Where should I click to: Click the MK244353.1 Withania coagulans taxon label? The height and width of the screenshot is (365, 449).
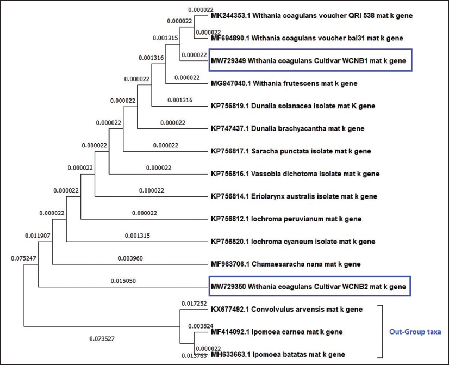pyautogui.click(x=311, y=16)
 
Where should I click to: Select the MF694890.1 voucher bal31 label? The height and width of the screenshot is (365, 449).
pyautogui.click(x=307, y=38)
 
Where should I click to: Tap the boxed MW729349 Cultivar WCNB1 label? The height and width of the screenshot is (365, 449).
pyautogui.click(x=308, y=61)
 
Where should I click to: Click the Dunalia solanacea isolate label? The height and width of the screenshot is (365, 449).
pyautogui.click(x=300, y=106)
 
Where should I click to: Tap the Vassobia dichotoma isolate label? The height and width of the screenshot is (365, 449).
pyautogui.click(x=295, y=174)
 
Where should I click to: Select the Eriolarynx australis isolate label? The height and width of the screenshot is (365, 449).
pyautogui.click(x=294, y=196)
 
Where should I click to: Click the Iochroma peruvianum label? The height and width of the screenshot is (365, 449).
pyautogui.click(x=285, y=219)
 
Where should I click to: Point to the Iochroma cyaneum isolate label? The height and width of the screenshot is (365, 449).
pyautogui.click(x=292, y=242)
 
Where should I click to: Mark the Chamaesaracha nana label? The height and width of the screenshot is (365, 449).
pyautogui.click(x=285, y=264)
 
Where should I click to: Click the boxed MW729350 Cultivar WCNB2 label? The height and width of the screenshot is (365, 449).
pyautogui.click(x=309, y=286)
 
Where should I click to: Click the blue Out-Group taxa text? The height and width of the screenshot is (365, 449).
pyautogui.click(x=414, y=331)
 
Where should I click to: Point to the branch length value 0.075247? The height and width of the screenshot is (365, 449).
pyautogui.click(x=23, y=259)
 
